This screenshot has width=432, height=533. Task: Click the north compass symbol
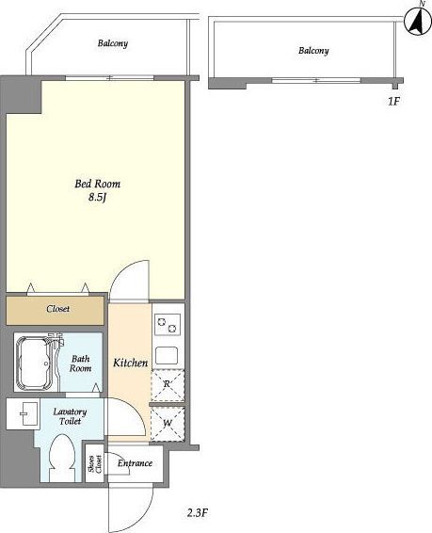(418, 22)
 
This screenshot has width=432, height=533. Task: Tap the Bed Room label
(98, 184)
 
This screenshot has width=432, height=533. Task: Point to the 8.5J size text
(98, 197)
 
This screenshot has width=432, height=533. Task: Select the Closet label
(58, 309)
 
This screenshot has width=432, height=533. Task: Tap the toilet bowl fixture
(61, 458)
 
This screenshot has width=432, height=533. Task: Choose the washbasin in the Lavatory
(24, 413)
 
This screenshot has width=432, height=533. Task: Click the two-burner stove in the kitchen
(168, 324)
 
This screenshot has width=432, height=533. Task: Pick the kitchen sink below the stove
(167, 355)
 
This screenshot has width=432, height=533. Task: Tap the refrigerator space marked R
(168, 385)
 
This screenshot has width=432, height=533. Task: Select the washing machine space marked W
(168, 424)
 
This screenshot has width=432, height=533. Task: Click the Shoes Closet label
(95, 463)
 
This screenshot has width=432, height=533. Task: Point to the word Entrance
(135, 463)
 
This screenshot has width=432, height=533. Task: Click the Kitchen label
(131, 363)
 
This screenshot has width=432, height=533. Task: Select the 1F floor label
(393, 101)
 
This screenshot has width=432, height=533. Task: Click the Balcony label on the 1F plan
(313, 51)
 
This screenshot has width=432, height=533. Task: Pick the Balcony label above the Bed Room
(113, 43)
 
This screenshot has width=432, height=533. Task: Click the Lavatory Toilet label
(70, 416)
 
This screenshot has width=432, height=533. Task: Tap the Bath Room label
(81, 363)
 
